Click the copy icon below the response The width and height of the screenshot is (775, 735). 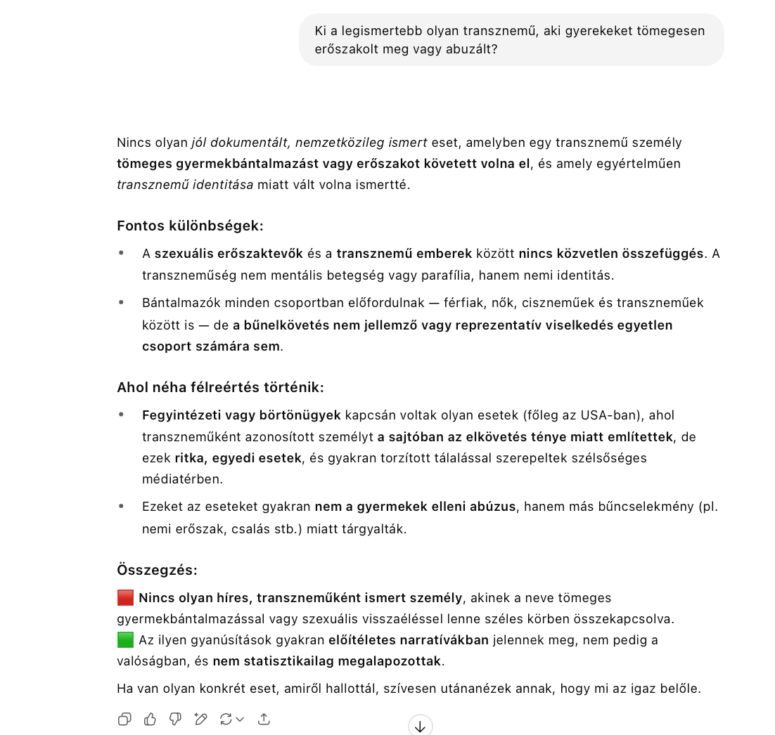pyautogui.click(x=124, y=719)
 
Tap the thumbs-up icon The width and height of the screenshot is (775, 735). pyautogui.click(x=150, y=719)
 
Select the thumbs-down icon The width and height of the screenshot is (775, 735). pyautogui.click(x=175, y=719)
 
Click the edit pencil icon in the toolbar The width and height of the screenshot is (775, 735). pyautogui.click(x=200, y=719)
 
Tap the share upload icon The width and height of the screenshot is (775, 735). pyautogui.click(x=264, y=719)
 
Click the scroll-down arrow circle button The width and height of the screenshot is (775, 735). pyautogui.click(x=420, y=726)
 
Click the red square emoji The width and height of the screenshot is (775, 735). pyautogui.click(x=125, y=598)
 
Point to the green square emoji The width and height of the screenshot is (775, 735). pyautogui.click(x=125, y=640)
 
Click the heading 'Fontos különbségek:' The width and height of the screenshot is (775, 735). pyautogui.click(x=190, y=226)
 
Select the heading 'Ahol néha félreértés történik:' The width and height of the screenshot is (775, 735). pyautogui.click(x=220, y=388)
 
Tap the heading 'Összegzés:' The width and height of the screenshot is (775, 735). pyautogui.click(x=157, y=570)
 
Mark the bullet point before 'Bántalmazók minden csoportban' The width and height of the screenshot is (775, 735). pyautogui.click(x=122, y=303)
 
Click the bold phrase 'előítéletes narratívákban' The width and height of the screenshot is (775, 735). pyautogui.click(x=409, y=640)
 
